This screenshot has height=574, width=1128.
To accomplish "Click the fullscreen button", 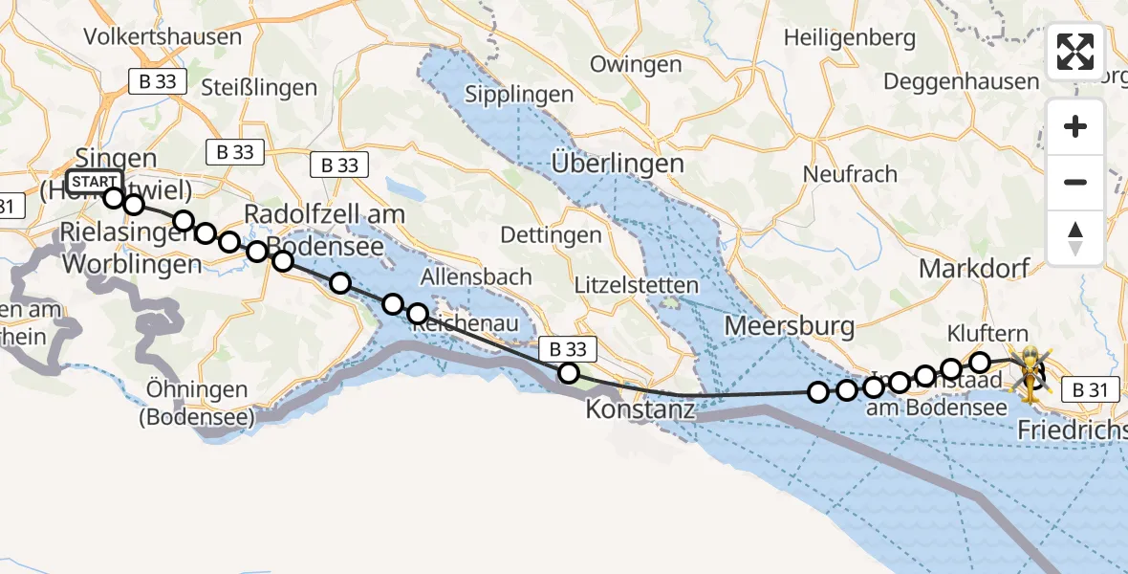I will tap(1075, 52).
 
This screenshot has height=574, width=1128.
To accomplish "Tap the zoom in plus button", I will tap(1075, 127).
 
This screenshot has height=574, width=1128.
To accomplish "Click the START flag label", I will tap(95, 182).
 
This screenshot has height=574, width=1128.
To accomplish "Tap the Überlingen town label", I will tap(618, 164).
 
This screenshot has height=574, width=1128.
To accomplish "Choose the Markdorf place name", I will tap(975, 269).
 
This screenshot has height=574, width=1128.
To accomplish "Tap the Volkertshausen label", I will tap(163, 37).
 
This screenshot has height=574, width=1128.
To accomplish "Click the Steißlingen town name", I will tap(259, 88).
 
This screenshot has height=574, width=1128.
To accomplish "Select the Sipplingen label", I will tap(519, 95).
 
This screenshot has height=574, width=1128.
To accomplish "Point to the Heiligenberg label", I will tap(849, 39).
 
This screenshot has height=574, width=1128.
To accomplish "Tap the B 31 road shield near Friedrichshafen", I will tap(1090, 390).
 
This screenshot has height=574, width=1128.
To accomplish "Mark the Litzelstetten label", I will tap(637, 285).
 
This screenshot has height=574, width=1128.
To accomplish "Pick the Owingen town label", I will tap(636, 65).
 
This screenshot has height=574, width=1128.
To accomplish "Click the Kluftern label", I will tap(988, 334).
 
